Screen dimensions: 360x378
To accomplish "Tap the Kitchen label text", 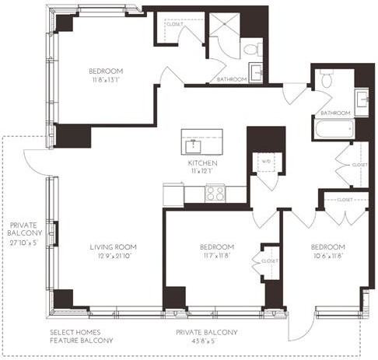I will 201,163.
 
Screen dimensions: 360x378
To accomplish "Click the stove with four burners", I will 215,194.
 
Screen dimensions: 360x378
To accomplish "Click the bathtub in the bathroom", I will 334,128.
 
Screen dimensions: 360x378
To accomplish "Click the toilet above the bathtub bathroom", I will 327,78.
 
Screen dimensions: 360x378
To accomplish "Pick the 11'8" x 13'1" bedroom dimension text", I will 106,79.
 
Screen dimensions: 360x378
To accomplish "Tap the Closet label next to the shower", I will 175,25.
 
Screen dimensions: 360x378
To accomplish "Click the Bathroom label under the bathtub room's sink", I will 334,112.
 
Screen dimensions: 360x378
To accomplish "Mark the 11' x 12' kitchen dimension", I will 201,171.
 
